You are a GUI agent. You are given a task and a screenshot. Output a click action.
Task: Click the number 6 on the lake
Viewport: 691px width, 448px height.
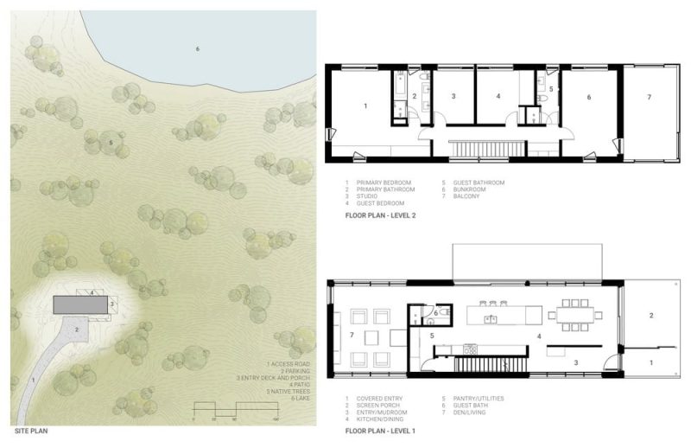tap(197, 48)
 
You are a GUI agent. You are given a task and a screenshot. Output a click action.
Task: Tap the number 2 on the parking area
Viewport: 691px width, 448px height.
tap(77, 330)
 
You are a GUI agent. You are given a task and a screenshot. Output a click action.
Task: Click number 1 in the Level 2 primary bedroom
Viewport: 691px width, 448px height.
tap(366, 106)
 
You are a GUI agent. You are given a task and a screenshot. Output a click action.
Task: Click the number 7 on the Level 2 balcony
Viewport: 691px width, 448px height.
tap(649, 98)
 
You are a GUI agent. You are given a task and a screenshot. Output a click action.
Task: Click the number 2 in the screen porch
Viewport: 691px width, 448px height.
tap(650, 315)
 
